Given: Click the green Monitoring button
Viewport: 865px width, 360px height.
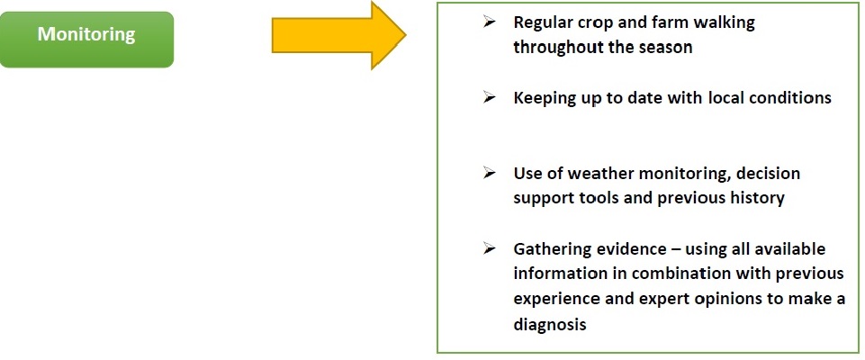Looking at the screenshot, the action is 86,39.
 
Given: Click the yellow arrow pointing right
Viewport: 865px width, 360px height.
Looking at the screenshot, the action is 338,35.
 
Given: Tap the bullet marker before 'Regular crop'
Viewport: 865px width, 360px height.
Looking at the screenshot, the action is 489,22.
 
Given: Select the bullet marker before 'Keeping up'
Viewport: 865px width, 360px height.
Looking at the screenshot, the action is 489,97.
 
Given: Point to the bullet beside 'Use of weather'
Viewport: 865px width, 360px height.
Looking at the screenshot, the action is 489,173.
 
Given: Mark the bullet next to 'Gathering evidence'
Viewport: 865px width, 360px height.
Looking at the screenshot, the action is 489,248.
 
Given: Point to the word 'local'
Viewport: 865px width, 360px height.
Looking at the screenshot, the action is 725,97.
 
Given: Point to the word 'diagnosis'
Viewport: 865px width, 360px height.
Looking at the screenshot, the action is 549,325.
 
